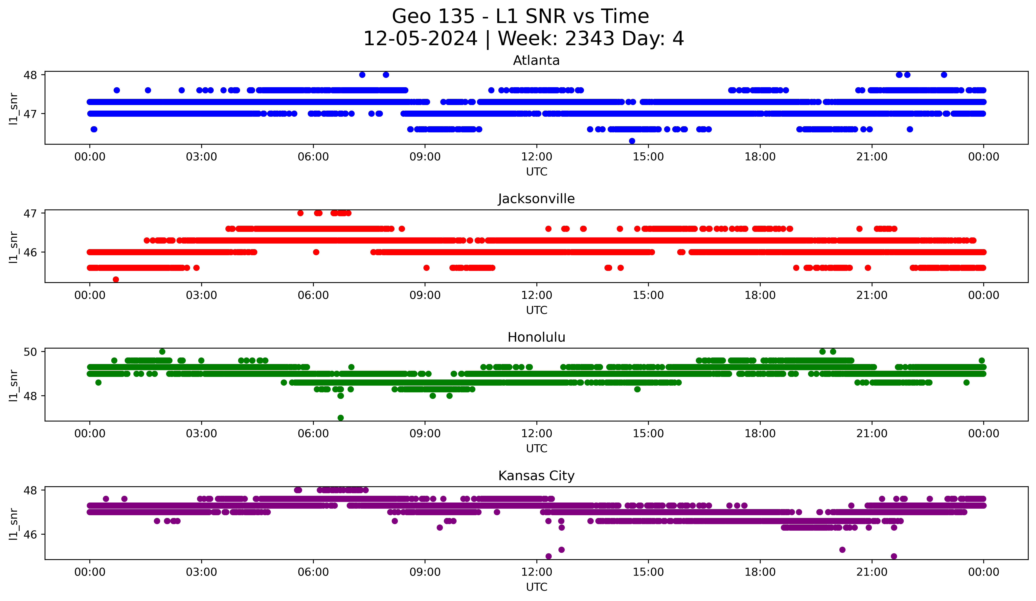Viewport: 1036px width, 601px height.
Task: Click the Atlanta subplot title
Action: [536, 60]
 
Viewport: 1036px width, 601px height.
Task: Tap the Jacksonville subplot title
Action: [536, 199]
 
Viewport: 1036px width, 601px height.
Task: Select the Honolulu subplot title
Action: [536, 337]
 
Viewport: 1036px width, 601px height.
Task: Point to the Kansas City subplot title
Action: [536, 476]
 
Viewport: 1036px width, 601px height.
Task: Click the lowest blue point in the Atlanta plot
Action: [632, 141]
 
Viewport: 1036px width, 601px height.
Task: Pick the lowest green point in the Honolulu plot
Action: [340, 418]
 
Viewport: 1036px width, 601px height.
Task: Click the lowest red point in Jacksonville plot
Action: [116, 279]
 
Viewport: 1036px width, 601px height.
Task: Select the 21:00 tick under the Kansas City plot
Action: [871, 572]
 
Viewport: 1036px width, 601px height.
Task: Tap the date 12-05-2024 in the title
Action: [420, 39]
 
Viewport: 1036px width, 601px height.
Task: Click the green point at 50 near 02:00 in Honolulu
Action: [162, 352]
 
